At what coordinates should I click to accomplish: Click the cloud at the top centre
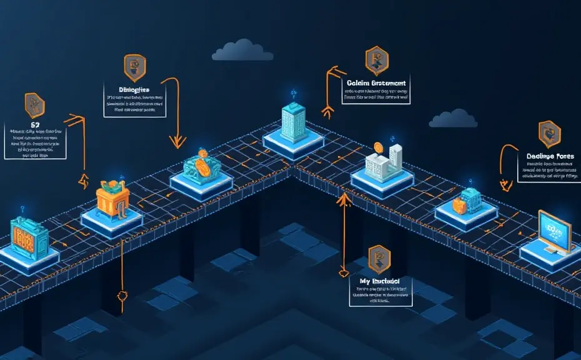tap(242, 52)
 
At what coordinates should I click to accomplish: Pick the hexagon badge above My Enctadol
tap(379, 256)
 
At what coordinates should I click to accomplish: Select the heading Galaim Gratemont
tap(376, 82)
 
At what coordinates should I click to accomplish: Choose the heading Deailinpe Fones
tap(550, 156)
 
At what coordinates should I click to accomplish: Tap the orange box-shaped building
tap(112, 199)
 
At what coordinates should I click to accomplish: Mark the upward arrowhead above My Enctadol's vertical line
tap(342, 199)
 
